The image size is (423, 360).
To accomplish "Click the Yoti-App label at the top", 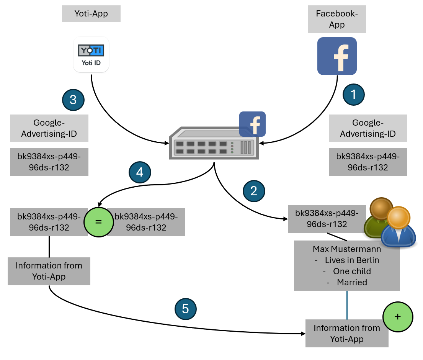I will (91, 14).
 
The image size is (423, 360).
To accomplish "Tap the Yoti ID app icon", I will (91, 54).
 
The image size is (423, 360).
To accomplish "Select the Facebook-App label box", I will (336, 20).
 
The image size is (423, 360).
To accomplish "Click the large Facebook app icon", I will (337, 56).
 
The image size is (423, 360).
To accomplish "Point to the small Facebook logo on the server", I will (252, 124).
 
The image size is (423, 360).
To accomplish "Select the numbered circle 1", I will (353, 94).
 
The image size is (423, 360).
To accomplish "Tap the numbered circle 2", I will (253, 191).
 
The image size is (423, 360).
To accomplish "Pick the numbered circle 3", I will (73, 100).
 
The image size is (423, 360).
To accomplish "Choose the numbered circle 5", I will (186, 309).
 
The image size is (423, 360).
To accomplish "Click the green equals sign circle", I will (98, 222).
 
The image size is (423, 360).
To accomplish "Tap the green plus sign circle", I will (398, 317).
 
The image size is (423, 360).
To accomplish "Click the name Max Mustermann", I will (346, 249).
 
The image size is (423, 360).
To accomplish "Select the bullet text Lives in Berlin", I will (352, 260).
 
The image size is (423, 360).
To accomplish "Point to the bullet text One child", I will (352, 272).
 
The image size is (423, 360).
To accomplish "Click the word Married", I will (352, 283).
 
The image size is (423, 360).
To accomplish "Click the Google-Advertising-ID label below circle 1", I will (367, 128).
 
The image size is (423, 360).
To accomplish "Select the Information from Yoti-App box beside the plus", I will (346, 333).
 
